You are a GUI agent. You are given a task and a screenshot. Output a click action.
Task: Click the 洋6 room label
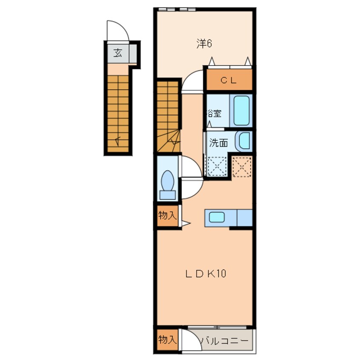(x=204, y=44)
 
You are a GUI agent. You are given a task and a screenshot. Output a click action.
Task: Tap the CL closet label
(x=229, y=80)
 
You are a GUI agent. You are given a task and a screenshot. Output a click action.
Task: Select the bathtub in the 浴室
(x=241, y=111)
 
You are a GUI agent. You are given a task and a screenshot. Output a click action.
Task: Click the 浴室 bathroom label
(x=214, y=113)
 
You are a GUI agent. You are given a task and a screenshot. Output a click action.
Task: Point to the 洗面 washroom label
(x=218, y=143)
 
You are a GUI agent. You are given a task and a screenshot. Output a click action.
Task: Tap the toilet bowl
(x=168, y=181)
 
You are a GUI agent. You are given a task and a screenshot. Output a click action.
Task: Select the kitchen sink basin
(x=217, y=217)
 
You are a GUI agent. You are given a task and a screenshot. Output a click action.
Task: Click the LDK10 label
(x=206, y=274)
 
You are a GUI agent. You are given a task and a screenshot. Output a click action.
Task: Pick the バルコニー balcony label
(x=225, y=341)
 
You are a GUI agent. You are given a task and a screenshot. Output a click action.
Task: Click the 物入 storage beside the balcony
(x=167, y=340)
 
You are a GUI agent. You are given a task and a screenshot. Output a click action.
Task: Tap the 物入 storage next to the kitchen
(x=167, y=216)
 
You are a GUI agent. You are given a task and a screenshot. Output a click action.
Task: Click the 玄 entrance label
(x=118, y=53)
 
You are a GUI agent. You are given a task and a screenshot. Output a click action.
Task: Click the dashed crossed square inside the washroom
(x=217, y=166)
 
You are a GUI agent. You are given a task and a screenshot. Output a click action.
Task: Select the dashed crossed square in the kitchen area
(x=242, y=167)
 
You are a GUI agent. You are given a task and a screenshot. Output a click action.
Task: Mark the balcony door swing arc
(x=195, y=336)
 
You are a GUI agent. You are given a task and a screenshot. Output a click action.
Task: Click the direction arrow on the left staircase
(x=118, y=141)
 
